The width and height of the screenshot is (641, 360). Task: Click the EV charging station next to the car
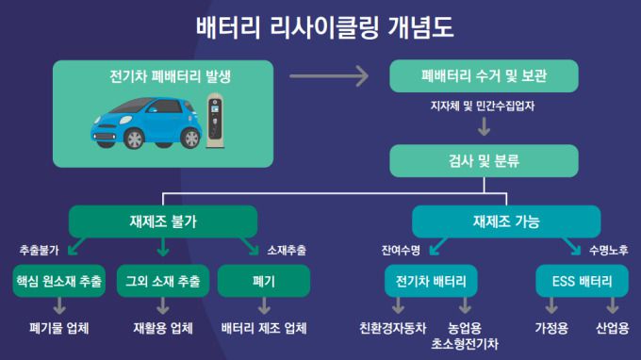tap(218, 121)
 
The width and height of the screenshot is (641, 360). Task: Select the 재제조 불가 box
tap(163, 222)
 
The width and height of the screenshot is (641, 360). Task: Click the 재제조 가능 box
tap(505, 222)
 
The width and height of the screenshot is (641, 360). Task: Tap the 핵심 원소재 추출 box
tap(59, 281)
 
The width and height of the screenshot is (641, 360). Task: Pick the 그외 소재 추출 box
tap(163, 281)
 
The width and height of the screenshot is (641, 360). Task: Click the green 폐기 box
tap(263, 281)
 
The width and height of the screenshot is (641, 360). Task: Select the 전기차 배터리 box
tap(432, 281)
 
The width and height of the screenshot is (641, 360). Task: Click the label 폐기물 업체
tap(59, 328)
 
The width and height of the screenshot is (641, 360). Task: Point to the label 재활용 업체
tap(163, 328)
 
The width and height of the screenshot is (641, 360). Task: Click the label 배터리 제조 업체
tap(264, 328)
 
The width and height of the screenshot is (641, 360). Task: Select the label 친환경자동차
tap(393, 328)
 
